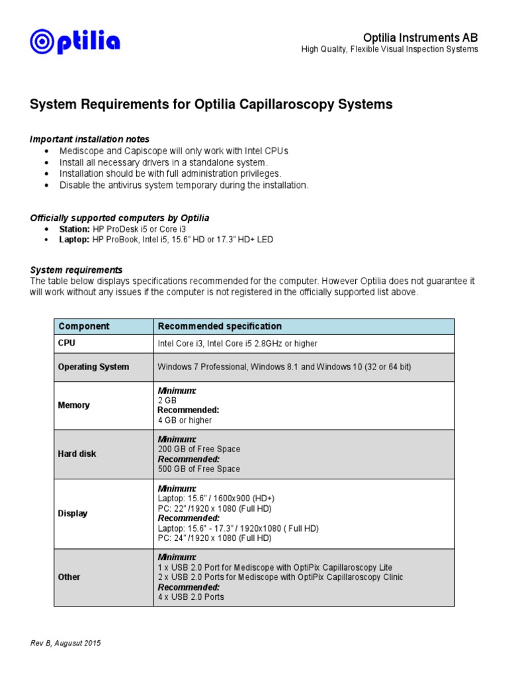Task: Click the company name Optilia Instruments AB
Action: coord(421,38)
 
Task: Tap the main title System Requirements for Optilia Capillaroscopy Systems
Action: coord(211,105)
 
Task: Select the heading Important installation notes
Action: coord(89,139)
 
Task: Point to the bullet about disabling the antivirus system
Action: coord(183,185)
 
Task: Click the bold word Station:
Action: coord(74,229)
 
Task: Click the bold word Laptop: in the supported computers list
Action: coord(74,239)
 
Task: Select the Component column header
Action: coord(84,326)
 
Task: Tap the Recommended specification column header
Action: coord(219,326)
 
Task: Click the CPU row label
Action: coord(67,343)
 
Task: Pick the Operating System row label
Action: coord(93,367)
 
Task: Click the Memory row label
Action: coord(73,405)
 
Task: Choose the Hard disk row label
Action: coord(77,454)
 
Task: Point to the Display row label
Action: coord(73,513)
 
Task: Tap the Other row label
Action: coord(69,577)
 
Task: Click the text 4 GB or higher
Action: coord(185,420)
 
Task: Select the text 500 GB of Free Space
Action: coord(198,469)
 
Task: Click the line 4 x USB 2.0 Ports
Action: coord(190,597)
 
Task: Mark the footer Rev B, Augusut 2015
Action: coord(65,644)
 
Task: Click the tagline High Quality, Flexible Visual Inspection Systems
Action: coord(390,50)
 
